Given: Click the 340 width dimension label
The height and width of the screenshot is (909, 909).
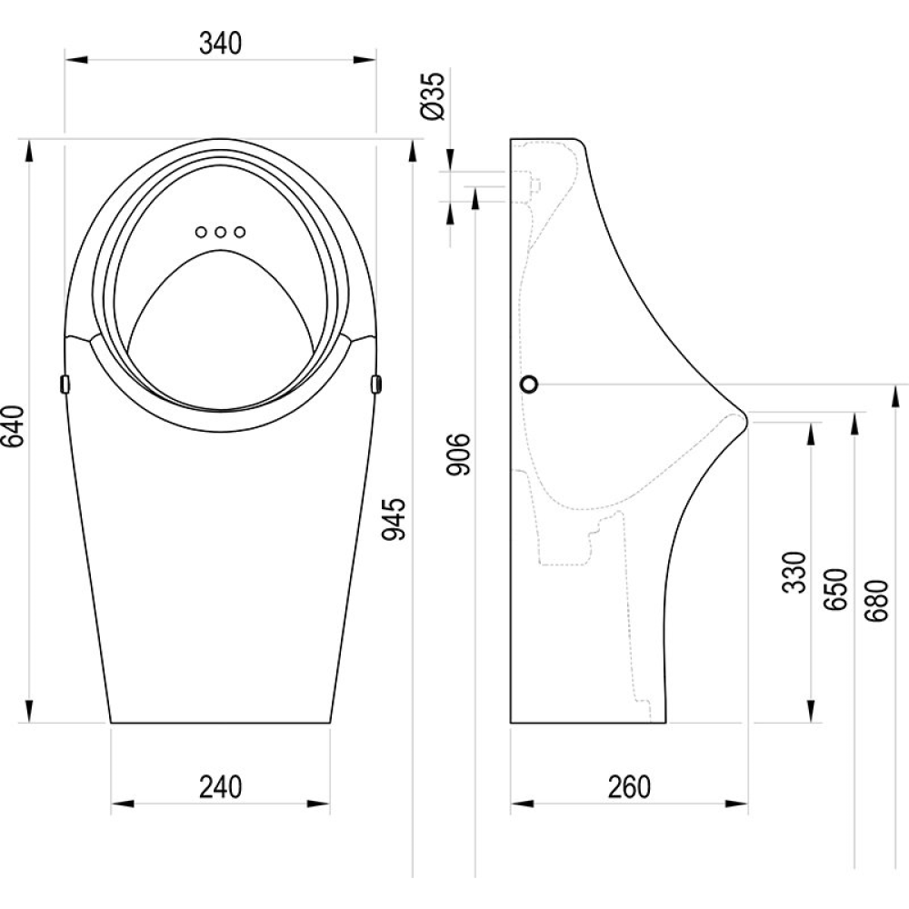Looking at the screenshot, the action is pyautogui.click(x=220, y=44).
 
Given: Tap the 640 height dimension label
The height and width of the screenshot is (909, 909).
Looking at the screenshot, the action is pyautogui.click(x=14, y=426).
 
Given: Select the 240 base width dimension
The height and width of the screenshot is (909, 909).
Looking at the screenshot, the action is pyautogui.click(x=220, y=787).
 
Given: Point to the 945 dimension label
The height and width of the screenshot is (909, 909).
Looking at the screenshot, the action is pyautogui.click(x=394, y=519).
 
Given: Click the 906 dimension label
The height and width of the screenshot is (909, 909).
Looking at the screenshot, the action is pyautogui.click(x=458, y=454).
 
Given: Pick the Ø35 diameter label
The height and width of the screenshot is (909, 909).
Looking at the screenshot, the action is pyautogui.click(x=434, y=96).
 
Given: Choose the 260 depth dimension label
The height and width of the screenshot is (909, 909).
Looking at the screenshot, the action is pyautogui.click(x=629, y=787).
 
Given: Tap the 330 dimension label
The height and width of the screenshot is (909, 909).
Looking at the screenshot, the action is pyautogui.click(x=794, y=573).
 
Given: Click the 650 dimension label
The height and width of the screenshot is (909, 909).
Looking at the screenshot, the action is pyautogui.click(x=836, y=589).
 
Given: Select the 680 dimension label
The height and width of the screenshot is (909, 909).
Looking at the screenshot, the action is pyautogui.click(x=876, y=601).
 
